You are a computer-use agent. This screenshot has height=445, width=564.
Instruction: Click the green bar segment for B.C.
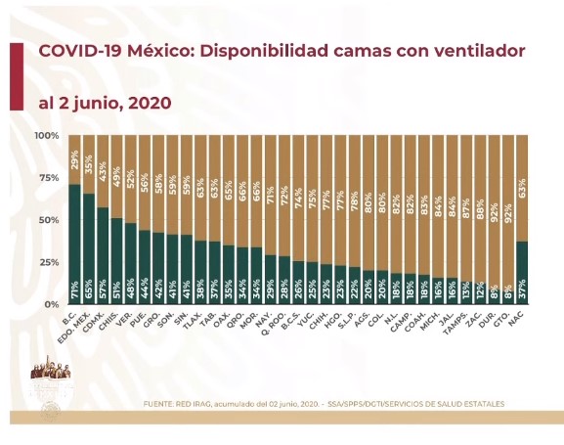point(74,245)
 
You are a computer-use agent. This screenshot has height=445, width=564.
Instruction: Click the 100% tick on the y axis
point(46,135)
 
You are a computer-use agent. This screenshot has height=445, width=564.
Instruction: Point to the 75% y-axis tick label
point(48,178)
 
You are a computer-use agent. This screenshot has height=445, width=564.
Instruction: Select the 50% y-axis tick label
point(48,220)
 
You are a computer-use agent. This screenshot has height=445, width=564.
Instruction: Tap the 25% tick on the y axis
point(48,262)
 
